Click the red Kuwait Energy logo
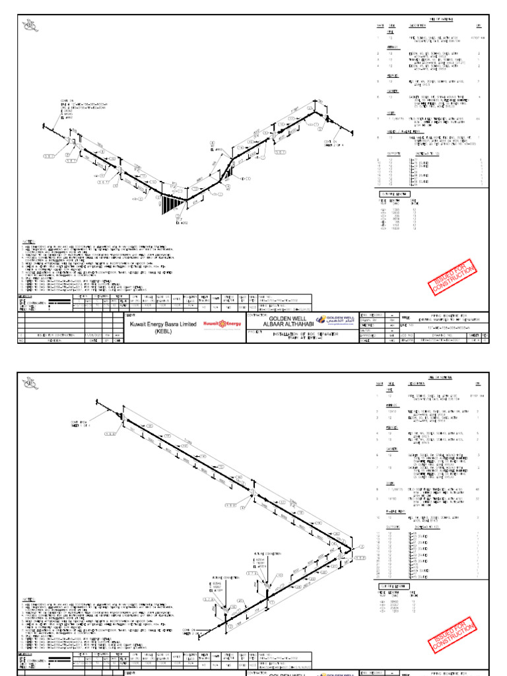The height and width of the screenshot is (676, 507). (222, 323)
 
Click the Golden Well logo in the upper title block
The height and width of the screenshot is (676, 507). (337, 320)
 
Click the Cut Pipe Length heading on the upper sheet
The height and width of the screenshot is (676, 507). (391, 195)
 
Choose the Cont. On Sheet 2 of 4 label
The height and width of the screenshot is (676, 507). (333, 143)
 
